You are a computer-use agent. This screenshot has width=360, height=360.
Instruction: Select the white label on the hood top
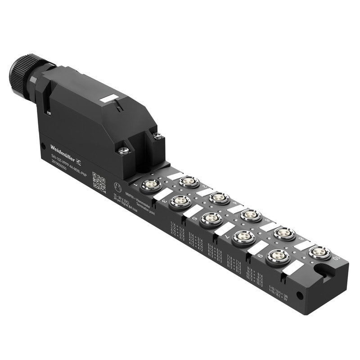coord(109,98)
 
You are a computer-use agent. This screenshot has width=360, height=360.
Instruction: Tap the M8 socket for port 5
coord(211,219)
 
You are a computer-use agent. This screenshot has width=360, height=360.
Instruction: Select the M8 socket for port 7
coord(243,237)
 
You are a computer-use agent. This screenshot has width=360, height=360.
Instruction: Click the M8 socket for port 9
coord(278,257)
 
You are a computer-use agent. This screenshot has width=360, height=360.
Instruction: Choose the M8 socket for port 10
coord(319,252)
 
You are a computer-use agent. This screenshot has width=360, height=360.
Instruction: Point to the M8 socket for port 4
coord(251,216)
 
